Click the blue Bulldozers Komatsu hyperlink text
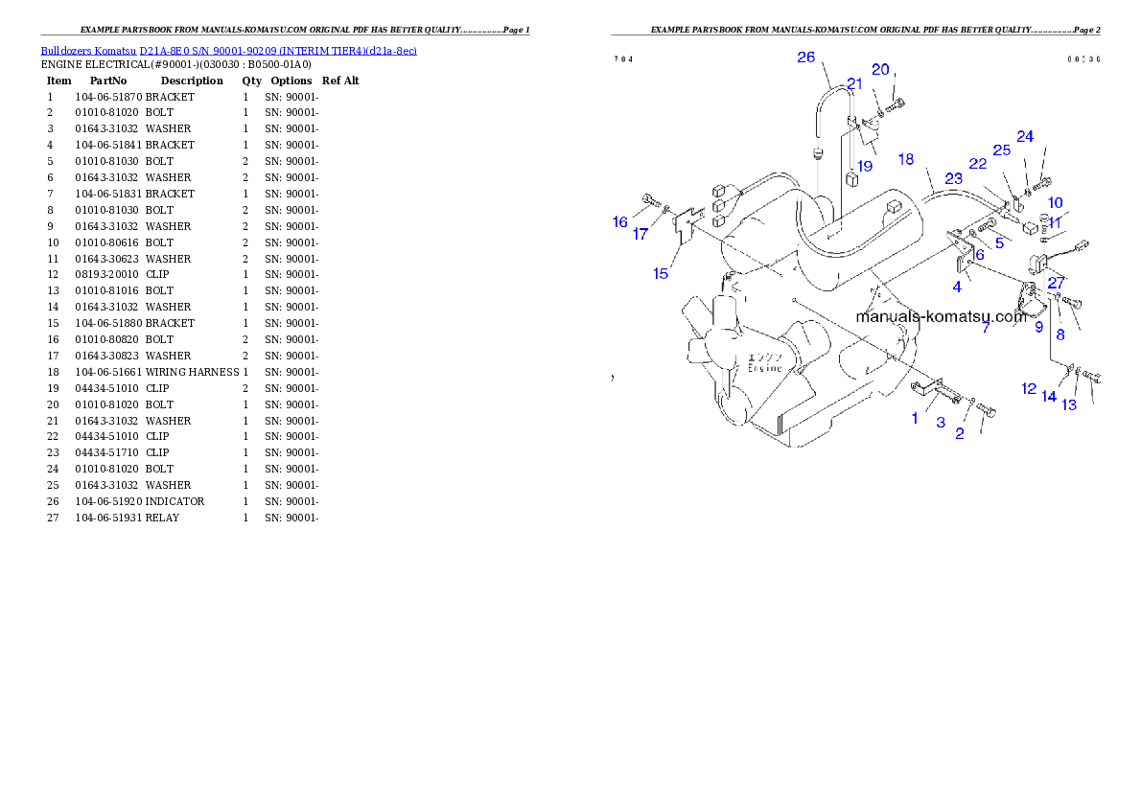tap(228, 50)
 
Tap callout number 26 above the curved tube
tap(805, 58)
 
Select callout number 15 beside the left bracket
tap(661, 274)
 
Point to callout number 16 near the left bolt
tap(620, 222)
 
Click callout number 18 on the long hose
tap(905, 159)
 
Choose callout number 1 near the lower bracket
tap(914, 418)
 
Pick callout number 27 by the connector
tap(1056, 283)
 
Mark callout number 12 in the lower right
tap(1029, 389)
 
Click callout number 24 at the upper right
tap(1025, 136)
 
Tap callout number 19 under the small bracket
tap(865, 166)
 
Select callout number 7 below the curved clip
tap(985, 328)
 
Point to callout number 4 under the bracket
tap(957, 286)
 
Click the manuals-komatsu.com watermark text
tap(941, 317)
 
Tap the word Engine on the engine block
tap(765, 368)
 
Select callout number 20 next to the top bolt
tap(880, 69)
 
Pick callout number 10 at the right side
tap(1055, 202)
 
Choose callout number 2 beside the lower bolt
tap(959, 434)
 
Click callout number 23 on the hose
tap(953, 178)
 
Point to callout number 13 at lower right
tap(1068, 404)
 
